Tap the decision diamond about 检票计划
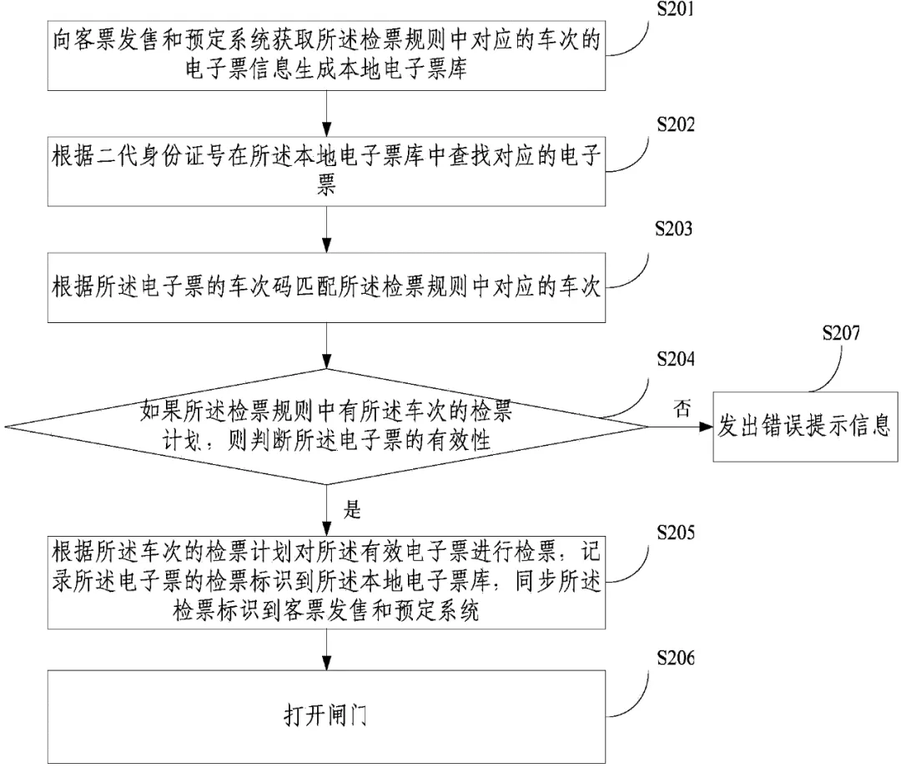pos(326,427)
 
